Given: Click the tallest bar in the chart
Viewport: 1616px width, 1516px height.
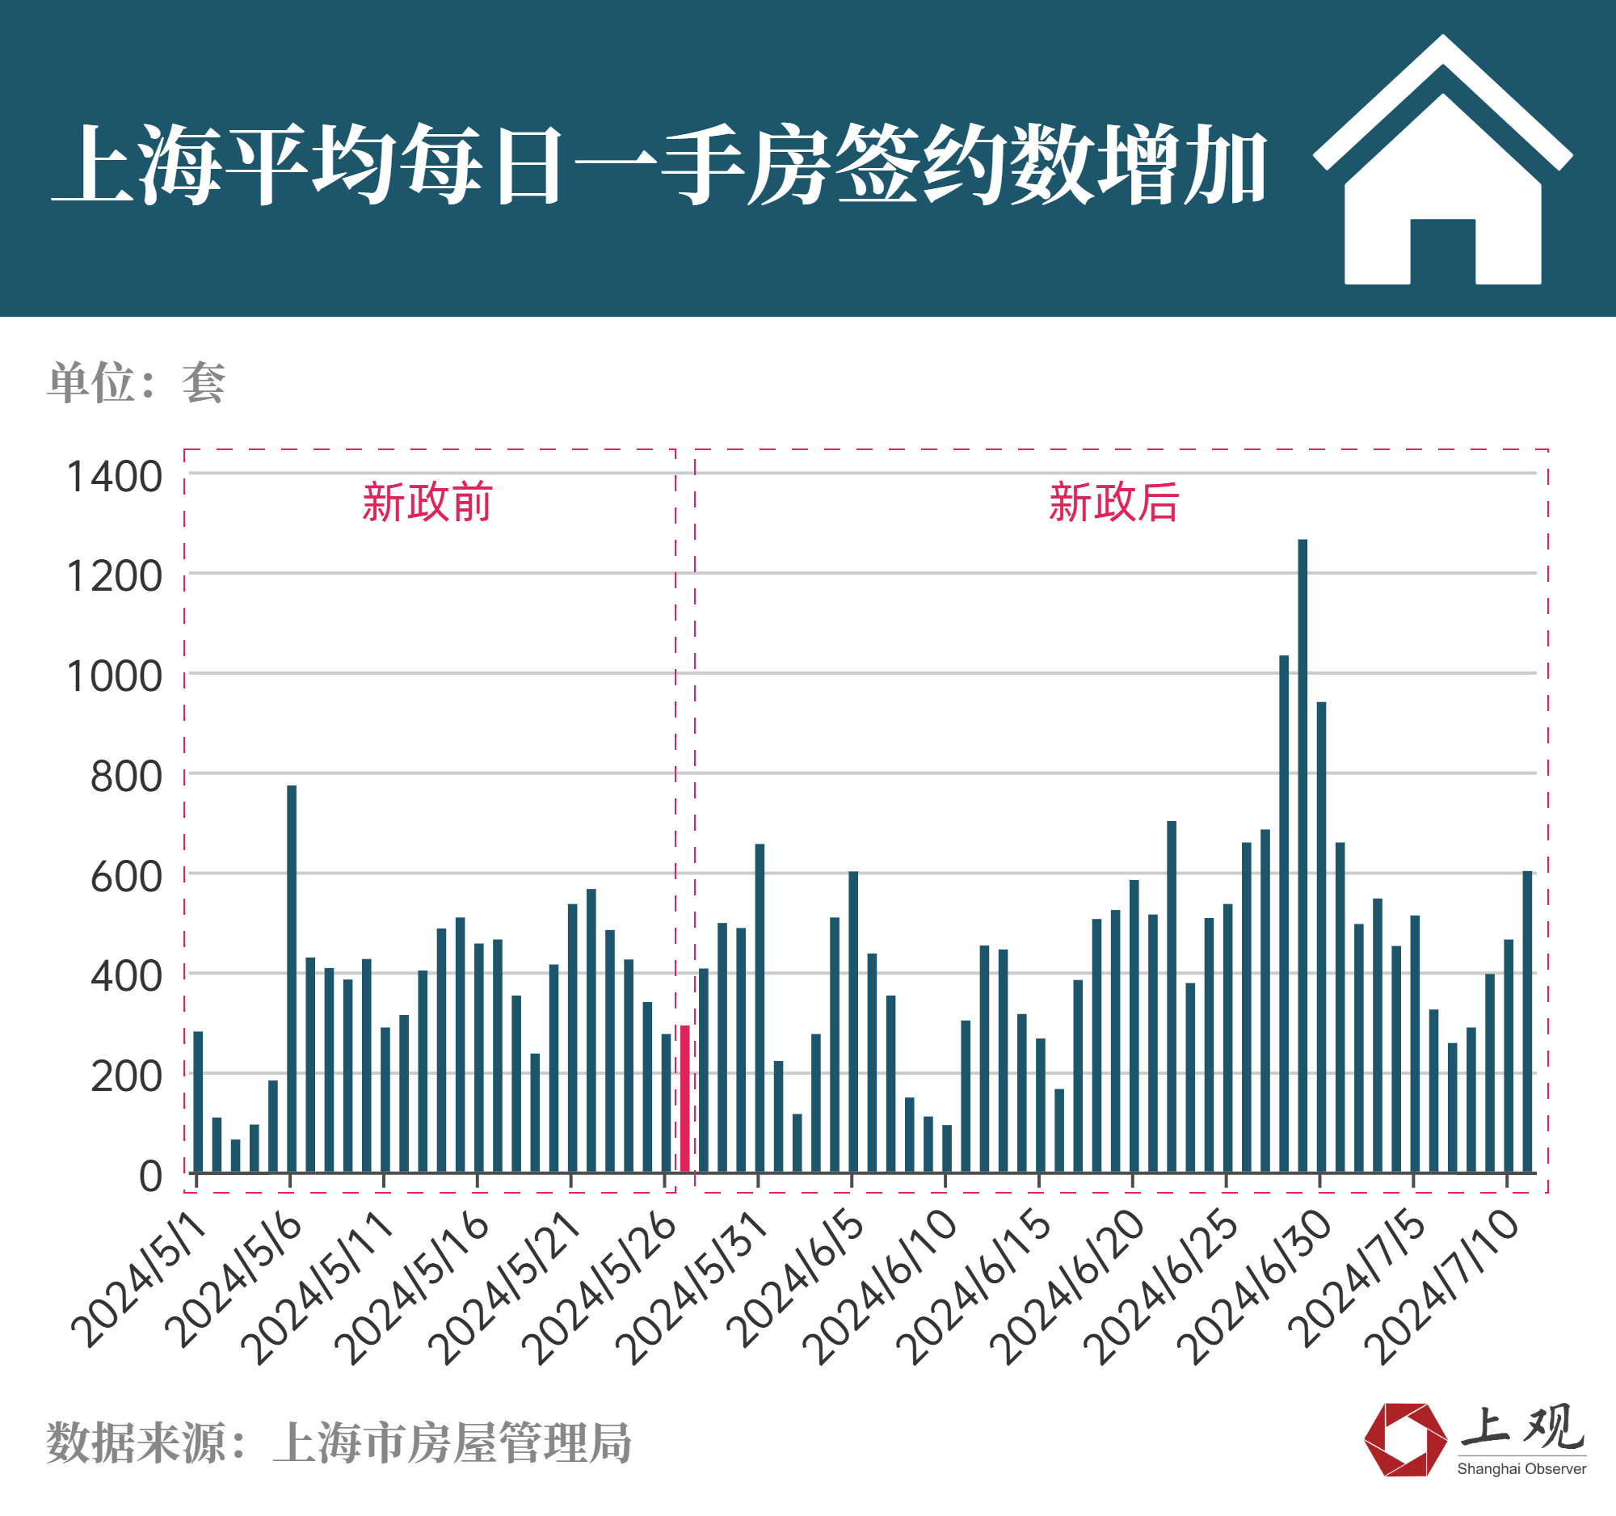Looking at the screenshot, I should coord(1302,853).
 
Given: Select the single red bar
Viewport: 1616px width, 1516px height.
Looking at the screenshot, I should coord(684,1098).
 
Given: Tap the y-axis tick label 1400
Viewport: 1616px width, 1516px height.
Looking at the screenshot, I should coord(115,477).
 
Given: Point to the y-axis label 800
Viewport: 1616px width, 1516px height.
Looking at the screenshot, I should coord(126,777).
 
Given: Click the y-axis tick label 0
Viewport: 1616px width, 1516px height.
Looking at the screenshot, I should coord(150,1177).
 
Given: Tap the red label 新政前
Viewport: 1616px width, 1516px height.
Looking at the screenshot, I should coord(427,503).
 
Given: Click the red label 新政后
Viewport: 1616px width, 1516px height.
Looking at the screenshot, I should coord(1113,503).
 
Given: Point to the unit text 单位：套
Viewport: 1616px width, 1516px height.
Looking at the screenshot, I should coord(136,382).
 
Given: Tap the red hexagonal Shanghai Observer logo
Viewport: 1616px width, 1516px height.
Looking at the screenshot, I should coord(1404,1439).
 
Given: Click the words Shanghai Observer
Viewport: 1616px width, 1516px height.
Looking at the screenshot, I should coord(1521,1469).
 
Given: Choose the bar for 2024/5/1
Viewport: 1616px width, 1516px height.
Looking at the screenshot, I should coord(197,1101).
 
